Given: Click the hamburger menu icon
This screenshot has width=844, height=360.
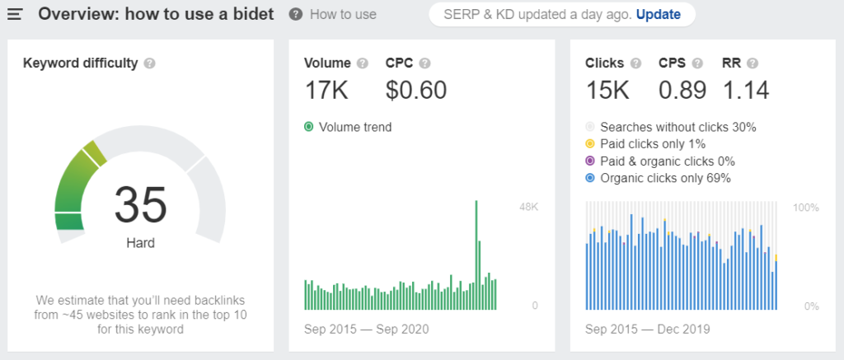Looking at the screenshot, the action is pos(15,14).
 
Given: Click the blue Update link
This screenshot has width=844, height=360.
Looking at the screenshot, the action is pos(659,14).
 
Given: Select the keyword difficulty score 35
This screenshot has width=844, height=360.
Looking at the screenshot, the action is pos(140,204).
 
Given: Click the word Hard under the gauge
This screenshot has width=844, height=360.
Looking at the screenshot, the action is pos(140,243).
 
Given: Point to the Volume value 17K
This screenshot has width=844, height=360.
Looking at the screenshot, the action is pos(326,90).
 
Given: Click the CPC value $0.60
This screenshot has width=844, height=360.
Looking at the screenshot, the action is pos(416,90).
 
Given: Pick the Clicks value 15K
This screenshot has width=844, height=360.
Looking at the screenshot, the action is pos(607,90).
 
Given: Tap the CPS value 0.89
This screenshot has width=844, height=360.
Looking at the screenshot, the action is pos(682,90).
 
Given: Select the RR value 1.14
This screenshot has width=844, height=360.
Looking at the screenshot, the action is pos(745,90).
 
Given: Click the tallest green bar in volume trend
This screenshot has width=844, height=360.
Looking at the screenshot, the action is pos(476,255).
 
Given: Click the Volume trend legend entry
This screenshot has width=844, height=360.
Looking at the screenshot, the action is pos(348,127).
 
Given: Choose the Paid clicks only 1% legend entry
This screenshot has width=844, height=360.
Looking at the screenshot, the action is pos(645,144).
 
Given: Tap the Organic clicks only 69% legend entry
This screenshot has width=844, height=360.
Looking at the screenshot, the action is pos(658,178).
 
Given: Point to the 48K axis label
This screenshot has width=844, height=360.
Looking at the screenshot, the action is pos(528,207).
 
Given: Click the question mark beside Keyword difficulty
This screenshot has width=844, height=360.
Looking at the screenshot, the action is pos(150,63).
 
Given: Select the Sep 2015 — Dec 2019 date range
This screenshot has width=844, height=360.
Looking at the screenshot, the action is pos(648,329).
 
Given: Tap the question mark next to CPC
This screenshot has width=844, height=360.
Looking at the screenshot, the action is pos(424,63).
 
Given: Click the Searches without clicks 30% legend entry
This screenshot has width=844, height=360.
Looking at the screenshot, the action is pos(671,128).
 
